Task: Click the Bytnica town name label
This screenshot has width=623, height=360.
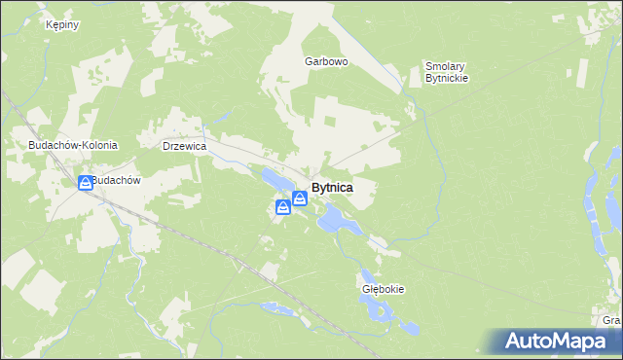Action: point(332,187)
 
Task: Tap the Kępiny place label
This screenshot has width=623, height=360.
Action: point(61,25)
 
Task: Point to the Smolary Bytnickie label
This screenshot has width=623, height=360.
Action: point(447,72)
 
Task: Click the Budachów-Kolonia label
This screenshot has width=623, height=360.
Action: point(73,145)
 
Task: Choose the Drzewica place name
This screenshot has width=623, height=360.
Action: point(184,145)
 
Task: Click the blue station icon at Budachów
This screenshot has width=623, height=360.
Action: point(86,182)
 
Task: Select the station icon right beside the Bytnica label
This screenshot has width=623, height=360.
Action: point(300,198)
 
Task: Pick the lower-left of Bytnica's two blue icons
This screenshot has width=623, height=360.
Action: point(282,205)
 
